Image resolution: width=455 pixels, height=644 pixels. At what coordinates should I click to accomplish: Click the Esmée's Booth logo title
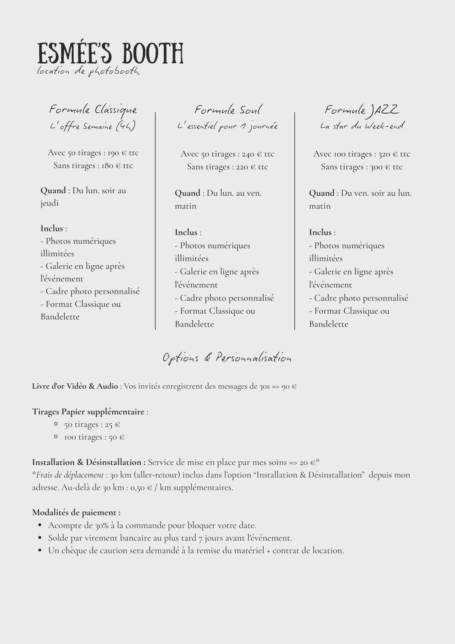tap(110, 53)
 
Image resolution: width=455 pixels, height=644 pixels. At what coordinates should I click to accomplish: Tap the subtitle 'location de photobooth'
tap(88, 71)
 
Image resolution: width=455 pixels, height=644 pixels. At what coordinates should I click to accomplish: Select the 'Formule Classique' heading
tap(93, 110)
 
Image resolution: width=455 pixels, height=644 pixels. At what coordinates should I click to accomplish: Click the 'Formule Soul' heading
tap(228, 110)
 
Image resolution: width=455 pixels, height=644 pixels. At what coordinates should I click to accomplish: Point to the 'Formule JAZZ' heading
tap(362, 110)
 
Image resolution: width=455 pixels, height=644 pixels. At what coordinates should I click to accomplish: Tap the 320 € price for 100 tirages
tap(388, 154)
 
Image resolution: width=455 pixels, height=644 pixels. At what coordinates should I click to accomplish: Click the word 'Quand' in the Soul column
tap(187, 193)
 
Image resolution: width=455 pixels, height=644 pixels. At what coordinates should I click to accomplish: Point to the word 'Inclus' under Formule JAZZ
tap(320, 232)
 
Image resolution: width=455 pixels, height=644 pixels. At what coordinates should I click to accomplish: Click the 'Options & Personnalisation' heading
tap(227, 358)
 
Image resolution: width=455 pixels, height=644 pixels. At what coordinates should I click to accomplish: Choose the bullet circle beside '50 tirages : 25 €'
tap(56, 424)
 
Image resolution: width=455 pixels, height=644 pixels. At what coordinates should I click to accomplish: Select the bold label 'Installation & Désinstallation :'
tap(89, 462)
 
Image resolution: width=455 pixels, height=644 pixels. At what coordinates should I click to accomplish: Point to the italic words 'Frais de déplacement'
tap(70, 475)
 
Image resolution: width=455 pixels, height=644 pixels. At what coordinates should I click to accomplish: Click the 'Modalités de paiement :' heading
tap(76, 513)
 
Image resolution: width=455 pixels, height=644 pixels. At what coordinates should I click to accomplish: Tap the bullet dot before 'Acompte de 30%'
tap(40, 526)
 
